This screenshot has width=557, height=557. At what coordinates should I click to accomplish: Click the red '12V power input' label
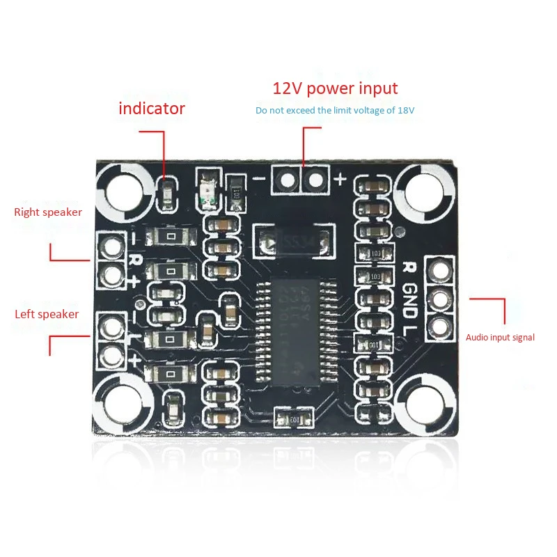pyautogui.click(x=335, y=88)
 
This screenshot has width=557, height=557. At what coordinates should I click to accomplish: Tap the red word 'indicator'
pyautogui.click(x=152, y=109)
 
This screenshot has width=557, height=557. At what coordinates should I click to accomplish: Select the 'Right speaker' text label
pyautogui.click(x=48, y=212)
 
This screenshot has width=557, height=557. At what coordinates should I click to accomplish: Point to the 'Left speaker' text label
pyautogui.click(x=47, y=314)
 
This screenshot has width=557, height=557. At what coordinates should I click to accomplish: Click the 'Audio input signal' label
pyautogui.click(x=500, y=338)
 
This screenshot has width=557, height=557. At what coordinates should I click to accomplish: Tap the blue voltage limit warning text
pyautogui.click(x=335, y=111)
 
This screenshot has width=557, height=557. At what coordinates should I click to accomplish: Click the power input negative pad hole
pyautogui.click(x=287, y=180)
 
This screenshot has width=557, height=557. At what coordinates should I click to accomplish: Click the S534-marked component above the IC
pyautogui.click(x=291, y=242)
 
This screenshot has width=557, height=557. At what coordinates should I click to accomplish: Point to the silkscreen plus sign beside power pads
pyautogui.click(x=340, y=179)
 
